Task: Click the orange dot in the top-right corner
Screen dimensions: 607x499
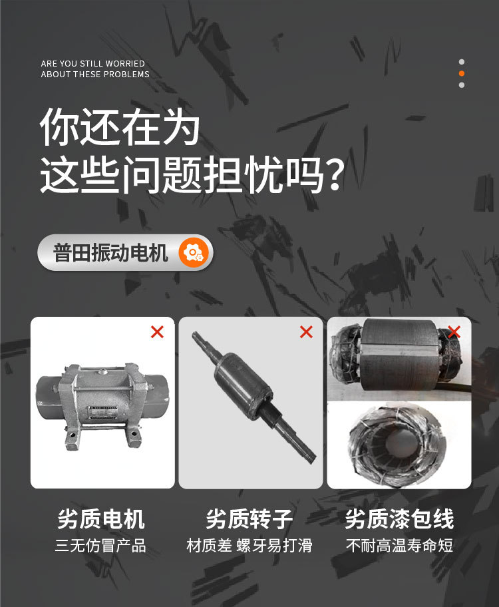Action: point(462,73)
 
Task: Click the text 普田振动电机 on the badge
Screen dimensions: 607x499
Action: point(110,253)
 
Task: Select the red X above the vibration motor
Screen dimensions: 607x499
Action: point(157,331)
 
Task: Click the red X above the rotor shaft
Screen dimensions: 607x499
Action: point(306,331)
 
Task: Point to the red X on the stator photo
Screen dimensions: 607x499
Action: point(454,331)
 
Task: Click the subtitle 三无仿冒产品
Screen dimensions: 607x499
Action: point(101,546)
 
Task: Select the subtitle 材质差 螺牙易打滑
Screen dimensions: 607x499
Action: point(249,546)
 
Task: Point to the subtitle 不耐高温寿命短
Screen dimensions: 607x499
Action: point(399,546)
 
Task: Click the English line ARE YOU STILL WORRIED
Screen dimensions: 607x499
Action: point(92,64)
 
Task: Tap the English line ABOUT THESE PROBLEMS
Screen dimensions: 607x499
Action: point(95,75)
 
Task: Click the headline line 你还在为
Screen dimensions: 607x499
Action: point(120,128)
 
